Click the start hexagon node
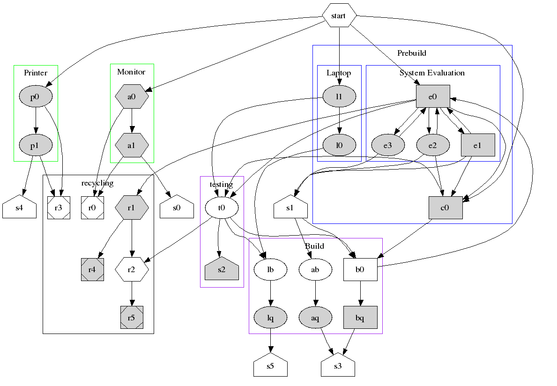point(338,16)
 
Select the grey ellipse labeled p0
point(36,96)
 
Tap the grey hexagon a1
point(132,146)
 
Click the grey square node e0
point(433,96)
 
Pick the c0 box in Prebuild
point(446,208)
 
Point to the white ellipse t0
point(222,208)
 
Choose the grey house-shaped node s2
point(222,269)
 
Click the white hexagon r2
point(132,269)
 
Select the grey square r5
point(132,318)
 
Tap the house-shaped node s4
point(19,208)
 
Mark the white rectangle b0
point(360,270)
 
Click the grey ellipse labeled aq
point(315,318)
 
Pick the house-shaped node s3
point(338,366)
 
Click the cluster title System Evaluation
point(432,73)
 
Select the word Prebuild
point(411,53)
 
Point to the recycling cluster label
point(97,183)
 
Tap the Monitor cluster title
point(131,72)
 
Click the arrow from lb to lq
point(270,294)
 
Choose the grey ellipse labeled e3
point(387,146)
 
